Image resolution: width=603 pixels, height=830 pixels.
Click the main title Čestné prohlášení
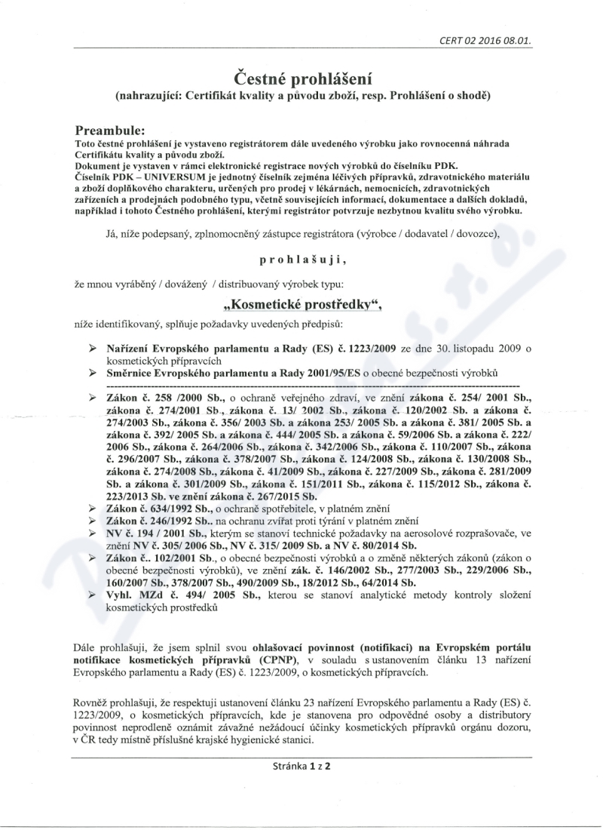301,78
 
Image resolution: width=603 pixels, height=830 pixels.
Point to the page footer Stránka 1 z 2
301,765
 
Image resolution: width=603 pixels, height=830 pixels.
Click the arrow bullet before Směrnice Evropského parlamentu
93,373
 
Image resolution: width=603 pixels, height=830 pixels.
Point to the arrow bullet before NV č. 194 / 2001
93,533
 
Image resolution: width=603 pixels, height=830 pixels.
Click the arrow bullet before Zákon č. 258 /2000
93,397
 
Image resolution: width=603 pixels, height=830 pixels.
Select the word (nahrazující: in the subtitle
154,96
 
